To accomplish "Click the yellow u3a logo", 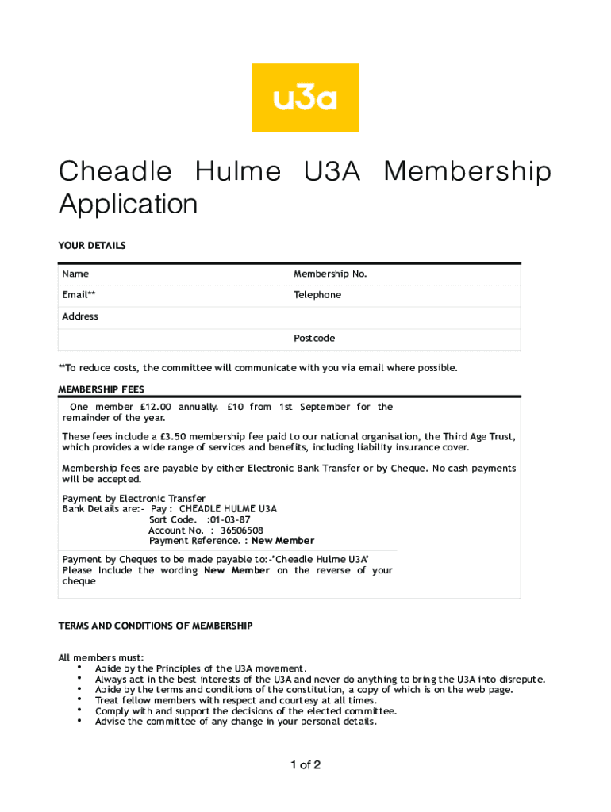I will tap(305, 98).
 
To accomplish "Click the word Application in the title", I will tap(128, 204).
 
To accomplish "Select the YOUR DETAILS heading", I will tap(92, 246).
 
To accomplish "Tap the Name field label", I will tap(76, 274).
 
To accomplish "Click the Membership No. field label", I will tap(330, 274).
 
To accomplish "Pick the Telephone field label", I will tap(317, 295).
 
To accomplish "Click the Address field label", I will tap(80, 316).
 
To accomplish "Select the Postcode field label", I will tap(314, 339).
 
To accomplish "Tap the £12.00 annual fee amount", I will tap(156, 407).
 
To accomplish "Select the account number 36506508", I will tap(242, 530).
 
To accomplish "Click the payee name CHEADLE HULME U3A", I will tap(228, 508).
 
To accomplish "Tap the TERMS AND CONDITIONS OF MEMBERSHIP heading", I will tap(156, 626).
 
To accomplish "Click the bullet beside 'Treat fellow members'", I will tap(81, 699).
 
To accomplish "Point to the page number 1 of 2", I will tap(305, 765).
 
